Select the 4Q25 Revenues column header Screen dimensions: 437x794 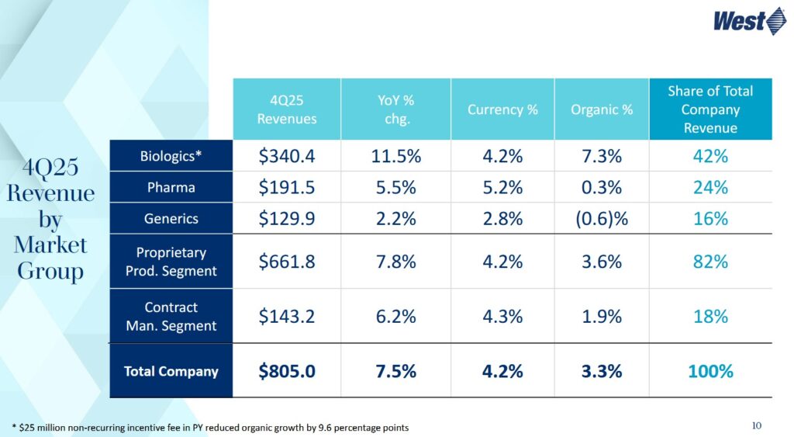tap(287, 109)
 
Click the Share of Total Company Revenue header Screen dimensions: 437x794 tap(710, 109)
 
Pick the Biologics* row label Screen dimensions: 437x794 tap(171, 156)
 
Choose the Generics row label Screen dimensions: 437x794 tap(171, 219)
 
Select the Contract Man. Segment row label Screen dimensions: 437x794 tap(171, 317)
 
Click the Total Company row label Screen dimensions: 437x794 tap(171, 371)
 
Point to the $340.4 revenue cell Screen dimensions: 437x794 tap(287, 156)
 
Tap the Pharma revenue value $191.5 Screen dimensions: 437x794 tap(287, 188)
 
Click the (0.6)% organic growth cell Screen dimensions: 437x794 tap(602, 219)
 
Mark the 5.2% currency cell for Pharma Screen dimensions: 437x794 tap(502, 188)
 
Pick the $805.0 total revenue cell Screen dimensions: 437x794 tap(287, 371)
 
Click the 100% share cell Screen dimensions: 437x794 tap(710, 371)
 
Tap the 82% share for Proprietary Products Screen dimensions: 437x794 tap(710, 262)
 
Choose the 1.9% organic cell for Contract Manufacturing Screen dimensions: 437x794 tap(602, 317)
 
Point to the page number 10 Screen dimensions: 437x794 tap(757, 425)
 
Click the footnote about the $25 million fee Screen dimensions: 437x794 tap(210, 428)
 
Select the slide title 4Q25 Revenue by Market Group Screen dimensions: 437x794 tap(50, 220)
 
